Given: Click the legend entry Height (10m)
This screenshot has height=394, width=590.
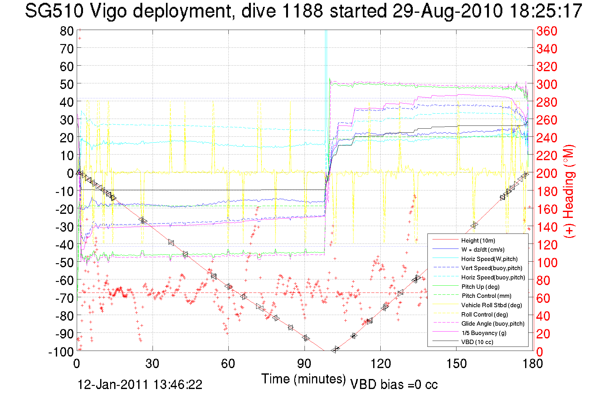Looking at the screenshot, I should tap(478, 240).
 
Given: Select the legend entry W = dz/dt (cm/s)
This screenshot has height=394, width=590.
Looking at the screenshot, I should tap(483, 249).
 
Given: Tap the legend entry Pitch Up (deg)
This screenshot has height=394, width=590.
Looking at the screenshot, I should tap(480, 287).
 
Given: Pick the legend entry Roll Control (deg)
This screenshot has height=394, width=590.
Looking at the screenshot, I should tap(484, 314).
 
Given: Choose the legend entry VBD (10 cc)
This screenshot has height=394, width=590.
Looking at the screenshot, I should tap(477, 342).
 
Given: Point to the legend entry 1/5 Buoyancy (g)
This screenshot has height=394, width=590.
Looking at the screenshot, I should tap(484, 333).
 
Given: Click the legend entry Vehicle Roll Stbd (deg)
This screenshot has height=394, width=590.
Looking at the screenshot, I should tap(491, 305).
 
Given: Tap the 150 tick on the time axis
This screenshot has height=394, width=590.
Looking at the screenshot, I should tap(456, 364).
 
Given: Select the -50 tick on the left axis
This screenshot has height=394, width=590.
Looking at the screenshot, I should tap(65, 262).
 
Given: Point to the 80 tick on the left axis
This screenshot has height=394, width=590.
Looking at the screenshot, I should tap(66, 31).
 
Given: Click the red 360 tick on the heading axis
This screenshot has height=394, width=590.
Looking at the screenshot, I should tap(547, 31).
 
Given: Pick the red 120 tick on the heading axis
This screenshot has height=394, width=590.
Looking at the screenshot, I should tap(547, 245).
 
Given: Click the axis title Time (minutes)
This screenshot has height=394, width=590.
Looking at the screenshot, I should tap(304, 379).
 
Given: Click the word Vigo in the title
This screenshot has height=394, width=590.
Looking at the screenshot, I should tap(108, 11).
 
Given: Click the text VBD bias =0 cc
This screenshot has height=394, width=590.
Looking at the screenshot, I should tap(394, 384).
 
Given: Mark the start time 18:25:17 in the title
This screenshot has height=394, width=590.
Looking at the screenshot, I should tap(546, 11).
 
